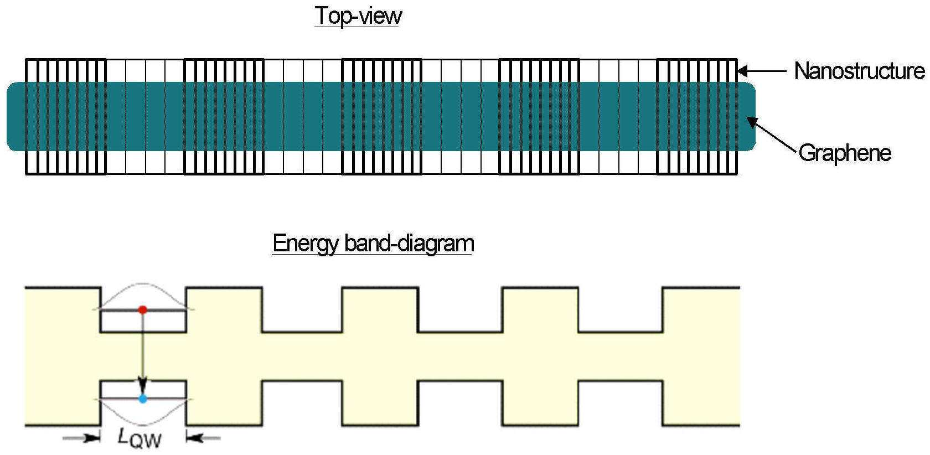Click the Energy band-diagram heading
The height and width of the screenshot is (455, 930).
[373, 244]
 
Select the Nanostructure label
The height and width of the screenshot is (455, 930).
[859, 71]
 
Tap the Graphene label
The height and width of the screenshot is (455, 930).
[845, 153]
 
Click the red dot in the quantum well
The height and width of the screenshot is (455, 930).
[143, 309]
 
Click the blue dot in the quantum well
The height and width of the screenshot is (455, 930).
[143, 399]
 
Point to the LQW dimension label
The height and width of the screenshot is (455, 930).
[139, 438]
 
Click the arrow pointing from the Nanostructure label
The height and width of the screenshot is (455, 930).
[762, 71]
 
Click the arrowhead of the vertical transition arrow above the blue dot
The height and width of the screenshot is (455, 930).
[143, 385]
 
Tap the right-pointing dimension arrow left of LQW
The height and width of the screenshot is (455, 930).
[81, 437]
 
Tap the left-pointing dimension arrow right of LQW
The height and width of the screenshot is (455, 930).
[204, 437]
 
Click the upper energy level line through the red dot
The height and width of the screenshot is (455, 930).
[143, 310]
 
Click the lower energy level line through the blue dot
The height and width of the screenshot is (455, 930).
[143, 399]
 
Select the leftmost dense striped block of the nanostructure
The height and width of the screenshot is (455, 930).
[65, 117]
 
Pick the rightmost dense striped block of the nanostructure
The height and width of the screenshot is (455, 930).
[697, 117]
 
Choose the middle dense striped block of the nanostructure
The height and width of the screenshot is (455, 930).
[381, 117]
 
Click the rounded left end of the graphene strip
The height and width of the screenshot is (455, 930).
[8, 116]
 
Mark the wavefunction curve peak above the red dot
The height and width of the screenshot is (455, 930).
[143, 284]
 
